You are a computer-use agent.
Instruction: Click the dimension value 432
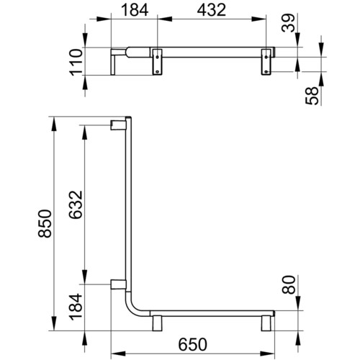tap(212, 10)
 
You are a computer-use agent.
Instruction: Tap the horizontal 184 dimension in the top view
tap(135, 10)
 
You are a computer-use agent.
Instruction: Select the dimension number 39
tap(288, 23)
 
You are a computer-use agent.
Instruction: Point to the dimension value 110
tap(76, 62)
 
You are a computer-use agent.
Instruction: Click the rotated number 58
tap(312, 96)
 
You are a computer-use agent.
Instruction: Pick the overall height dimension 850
tap(45, 223)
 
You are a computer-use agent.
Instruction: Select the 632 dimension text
tap(76, 204)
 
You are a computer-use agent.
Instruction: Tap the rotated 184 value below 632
tap(76, 307)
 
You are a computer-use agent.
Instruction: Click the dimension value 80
tap(289, 284)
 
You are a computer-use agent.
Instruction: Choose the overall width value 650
tap(192, 344)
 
